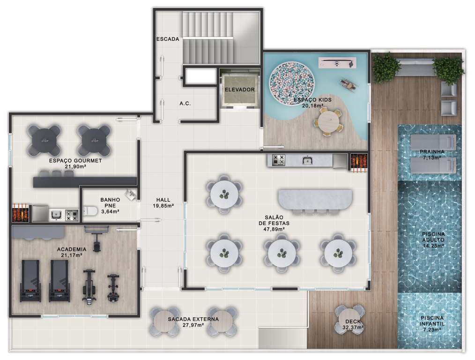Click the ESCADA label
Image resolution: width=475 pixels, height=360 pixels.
(x=168, y=39)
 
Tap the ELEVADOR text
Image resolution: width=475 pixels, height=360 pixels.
(x=240, y=90)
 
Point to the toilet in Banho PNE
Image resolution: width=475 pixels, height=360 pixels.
(x=90, y=210)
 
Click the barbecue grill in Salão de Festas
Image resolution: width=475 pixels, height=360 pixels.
(x=359, y=163)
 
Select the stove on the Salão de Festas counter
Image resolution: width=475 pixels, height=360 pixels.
(x=278, y=160)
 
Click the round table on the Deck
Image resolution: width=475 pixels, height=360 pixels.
(x=350, y=320)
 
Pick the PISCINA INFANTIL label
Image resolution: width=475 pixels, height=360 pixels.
(x=432, y=321)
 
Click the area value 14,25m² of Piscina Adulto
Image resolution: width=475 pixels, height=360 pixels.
(x=433, y=246)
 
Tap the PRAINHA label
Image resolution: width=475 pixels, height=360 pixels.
(x=432, y=152)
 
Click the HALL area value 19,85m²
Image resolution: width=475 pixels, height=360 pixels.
(x=163, y=206)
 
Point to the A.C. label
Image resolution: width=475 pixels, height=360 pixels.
(x=185, y=104)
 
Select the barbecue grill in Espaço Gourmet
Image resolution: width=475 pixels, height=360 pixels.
(x=21, y=213)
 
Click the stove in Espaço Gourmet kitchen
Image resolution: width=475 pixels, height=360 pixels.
(x=72, y=216)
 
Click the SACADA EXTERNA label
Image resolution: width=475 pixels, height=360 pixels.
(x=193, y=319)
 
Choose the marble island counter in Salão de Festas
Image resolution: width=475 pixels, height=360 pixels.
(x=315, y=200)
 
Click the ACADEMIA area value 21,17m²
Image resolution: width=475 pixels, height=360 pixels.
(x=72, y=255)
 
